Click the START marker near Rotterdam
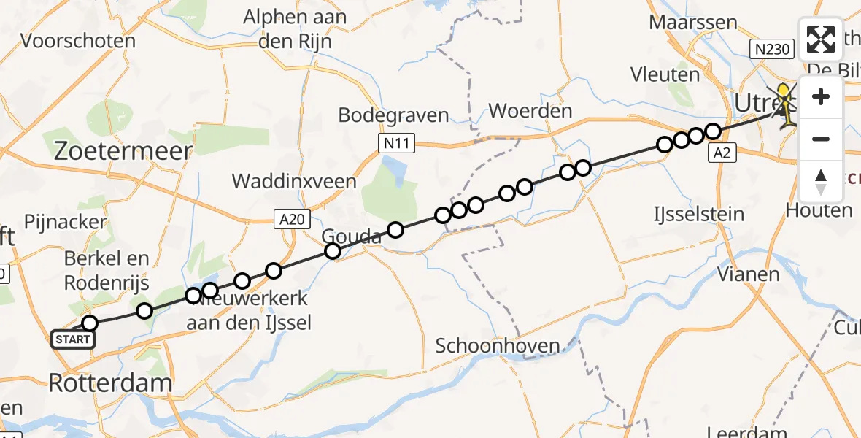(x=73, y=339)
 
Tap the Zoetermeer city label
(x=124, y=152)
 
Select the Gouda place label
(x=352, y=237)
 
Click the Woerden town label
(x=530, y=112)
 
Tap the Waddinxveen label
(x=294, y=181)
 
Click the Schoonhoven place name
(x=498, y=346)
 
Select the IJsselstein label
(x=699, y=215)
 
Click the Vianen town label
(x=748, y=275)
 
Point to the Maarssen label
(x=693, y=22)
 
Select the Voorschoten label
(x=78, y=40)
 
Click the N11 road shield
(x=397, y=144)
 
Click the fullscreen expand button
(x=821, y=39)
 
